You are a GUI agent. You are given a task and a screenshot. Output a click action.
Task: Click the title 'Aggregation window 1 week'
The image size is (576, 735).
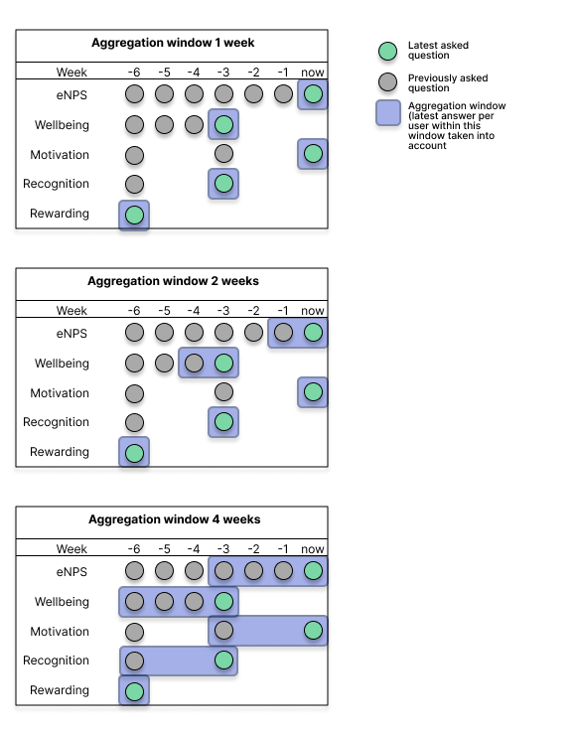[173, 44]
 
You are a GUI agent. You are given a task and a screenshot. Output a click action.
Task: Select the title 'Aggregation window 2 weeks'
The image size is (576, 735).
[173, 282]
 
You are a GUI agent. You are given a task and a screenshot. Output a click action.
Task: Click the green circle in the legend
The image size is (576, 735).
[389, 51]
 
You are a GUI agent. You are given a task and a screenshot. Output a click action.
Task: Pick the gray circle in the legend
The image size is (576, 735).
[389, 81]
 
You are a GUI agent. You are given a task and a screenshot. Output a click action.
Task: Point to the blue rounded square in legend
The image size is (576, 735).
[389, 114]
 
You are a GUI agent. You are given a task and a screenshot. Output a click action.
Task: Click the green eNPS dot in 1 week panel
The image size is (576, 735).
[313, 94]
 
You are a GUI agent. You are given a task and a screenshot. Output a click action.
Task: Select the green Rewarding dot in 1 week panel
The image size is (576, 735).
[134, 215]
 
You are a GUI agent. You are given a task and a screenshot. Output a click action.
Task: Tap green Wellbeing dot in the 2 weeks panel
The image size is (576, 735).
[223, 363]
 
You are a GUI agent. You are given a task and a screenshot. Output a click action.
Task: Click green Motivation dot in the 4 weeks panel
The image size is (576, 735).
[313, 631]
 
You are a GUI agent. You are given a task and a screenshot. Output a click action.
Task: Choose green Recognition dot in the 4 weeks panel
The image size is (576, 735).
[223, 661]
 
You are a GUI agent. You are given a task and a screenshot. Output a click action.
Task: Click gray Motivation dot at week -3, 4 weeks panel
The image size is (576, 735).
[223, 631]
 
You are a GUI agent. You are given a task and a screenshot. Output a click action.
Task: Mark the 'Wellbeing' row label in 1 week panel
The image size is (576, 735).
[62, 125]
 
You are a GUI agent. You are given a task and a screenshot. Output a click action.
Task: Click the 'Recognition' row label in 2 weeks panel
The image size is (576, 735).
[57, 422]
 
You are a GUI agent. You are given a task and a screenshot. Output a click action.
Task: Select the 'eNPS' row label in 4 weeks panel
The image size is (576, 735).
[72, 572]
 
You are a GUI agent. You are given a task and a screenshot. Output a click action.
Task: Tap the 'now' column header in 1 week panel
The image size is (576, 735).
[313, 73]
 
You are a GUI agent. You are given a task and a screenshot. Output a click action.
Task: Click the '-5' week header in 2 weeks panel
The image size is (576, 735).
[164, 311]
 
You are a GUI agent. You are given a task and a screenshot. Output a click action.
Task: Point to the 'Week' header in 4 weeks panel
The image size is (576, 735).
[72, 549]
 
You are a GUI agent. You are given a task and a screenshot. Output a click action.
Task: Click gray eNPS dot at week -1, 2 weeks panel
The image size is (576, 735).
[283, 333]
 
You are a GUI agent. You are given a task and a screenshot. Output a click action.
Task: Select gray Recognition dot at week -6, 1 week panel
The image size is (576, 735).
[134, 184]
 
